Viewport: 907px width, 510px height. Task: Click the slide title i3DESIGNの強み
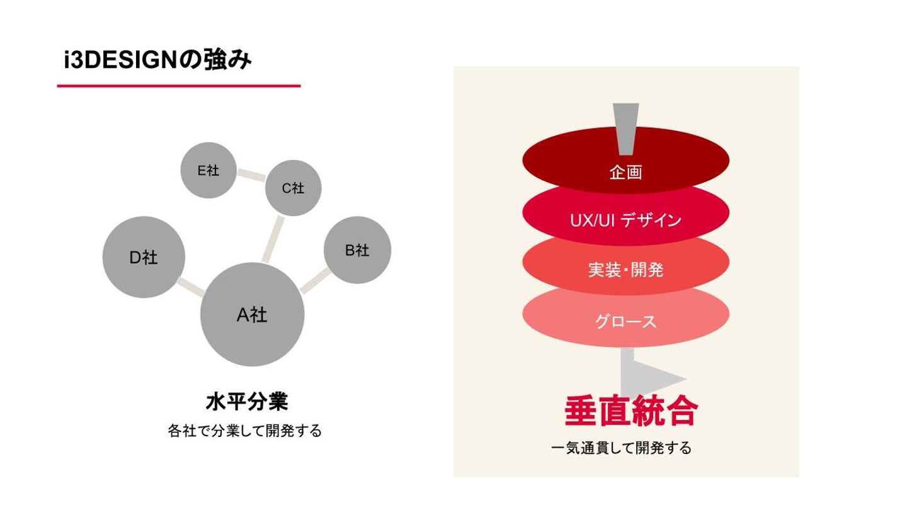pos(157,61)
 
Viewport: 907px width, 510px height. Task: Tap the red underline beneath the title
pos(179,86)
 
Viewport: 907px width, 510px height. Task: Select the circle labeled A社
pos(252,314)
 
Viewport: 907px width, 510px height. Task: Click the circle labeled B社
pos(357,250)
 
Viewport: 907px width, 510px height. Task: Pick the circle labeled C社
pos(293,188)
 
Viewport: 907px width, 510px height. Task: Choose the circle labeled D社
pos(144,257)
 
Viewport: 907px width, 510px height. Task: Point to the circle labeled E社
pos(208,170)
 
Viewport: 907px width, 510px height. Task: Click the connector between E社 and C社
pos(251,175)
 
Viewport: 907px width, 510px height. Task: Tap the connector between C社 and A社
pos(272,239)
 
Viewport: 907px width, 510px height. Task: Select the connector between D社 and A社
pos(191,286)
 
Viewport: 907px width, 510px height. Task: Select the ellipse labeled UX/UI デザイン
pos(625,220)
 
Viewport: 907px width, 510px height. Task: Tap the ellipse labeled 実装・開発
pos(625,269)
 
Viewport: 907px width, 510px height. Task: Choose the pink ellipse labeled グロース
pos(625,321)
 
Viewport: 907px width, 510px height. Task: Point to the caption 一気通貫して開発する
pos(621,448)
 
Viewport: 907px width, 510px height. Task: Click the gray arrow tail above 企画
pos(625,123)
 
